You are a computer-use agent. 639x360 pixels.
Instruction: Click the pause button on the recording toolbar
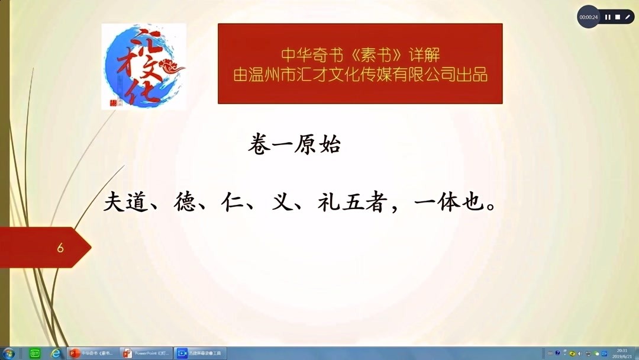click(608, 17)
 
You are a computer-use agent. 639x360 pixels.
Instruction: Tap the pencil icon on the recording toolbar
click(628, 17)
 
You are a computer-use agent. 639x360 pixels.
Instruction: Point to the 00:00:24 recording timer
click(589, 17)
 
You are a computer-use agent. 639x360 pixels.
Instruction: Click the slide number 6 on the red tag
click(60, 248)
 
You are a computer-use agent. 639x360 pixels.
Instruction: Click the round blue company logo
click(144, 66)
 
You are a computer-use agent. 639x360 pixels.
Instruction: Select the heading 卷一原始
click(294, 145)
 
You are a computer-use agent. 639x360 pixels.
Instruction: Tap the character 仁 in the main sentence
click(235, 202)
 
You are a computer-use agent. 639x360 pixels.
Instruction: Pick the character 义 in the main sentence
click(281, 202)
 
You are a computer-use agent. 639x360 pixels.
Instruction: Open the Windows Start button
click(9, 353)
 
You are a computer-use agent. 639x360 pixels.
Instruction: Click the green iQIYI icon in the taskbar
click(34, 353)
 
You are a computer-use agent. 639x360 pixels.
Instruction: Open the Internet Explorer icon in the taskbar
click(56, 353)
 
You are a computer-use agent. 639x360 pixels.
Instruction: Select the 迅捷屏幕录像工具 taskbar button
click(200, 353)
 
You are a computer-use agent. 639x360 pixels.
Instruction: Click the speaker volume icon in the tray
click(580, 353)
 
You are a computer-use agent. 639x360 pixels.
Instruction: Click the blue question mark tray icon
click(557, 353)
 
